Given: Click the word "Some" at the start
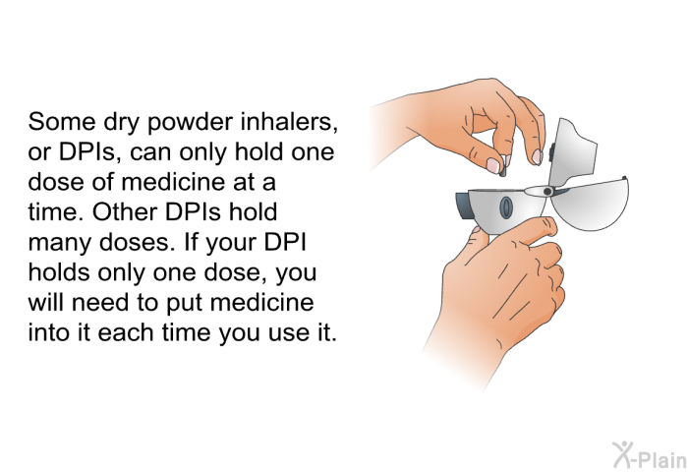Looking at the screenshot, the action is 61,121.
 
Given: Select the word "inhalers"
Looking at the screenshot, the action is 289,122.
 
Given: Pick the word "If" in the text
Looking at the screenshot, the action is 191,242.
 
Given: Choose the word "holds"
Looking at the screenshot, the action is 59,272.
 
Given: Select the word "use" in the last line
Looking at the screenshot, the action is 282,334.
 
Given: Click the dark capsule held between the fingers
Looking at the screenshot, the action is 503,169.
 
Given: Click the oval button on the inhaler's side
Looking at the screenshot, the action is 506,206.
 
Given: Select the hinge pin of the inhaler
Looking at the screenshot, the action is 547,192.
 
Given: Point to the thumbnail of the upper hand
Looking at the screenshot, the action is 493,164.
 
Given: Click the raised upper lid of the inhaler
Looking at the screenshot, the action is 573,151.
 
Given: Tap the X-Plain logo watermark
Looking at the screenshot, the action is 649,455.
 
